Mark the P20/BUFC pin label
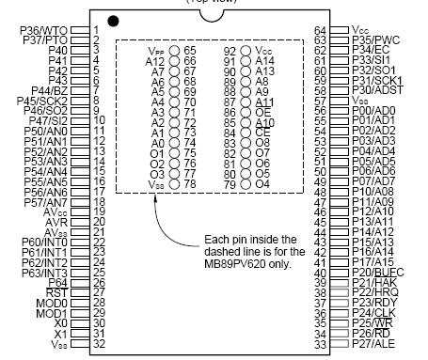coord(376,273)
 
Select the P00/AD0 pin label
coord(373,109)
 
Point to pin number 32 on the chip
coord(97,344)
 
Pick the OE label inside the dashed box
coord(262,112)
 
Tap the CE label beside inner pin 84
coord(262,133)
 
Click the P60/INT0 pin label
coord(55,242)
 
